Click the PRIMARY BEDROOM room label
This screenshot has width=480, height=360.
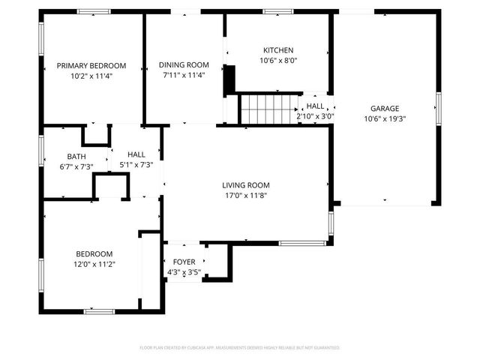coord(91,65)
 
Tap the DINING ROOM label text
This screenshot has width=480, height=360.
coord(183,65)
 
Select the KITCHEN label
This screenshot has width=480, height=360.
coord(278,50)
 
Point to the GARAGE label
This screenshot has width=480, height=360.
coord(385,108)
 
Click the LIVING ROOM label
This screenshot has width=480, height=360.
coord(245,185)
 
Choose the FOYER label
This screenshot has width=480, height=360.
coord(184,262)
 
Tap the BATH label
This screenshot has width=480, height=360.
coord(76,157)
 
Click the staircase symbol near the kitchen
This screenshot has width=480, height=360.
coord(268,109)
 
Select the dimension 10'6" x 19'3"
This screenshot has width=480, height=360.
coord(385,118)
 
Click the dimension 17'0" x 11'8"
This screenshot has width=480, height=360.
coord(245,195)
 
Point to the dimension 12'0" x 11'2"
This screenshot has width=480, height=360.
coord(94,263)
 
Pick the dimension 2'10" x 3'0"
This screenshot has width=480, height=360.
coord(315,116)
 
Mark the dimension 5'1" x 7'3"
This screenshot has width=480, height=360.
coord(136,165)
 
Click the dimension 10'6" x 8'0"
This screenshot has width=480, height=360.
coord(278,61)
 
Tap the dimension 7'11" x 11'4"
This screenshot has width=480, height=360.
coord(183,75)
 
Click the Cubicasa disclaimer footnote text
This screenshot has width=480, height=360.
coord(240,347)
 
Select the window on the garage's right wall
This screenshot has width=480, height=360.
coord(438,109)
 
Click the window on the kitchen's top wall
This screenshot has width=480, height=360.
coord(278,11)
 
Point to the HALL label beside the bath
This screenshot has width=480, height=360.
coord(136,154)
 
